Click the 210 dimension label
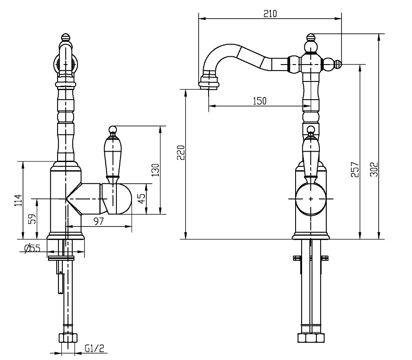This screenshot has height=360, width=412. (270, 13)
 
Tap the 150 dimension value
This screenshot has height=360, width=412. (260, 101)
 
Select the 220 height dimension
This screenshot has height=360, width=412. (181, 152)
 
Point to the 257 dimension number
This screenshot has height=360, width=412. (355, 169)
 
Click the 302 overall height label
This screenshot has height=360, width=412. (374, 169)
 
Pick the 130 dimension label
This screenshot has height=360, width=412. (155, 170)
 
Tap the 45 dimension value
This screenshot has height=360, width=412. (142, 198)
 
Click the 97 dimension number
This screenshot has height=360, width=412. (99, 221)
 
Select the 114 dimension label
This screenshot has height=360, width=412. (18, 201)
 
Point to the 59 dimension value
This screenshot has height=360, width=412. (32, 218)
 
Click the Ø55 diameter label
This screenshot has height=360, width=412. (32, 248)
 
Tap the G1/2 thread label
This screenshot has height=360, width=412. (95, 348)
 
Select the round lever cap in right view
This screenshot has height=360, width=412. (311, 199)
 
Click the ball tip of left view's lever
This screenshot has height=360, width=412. (113, 130)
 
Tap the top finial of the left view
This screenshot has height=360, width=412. (66, 36)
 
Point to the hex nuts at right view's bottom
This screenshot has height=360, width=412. (311, 338)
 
